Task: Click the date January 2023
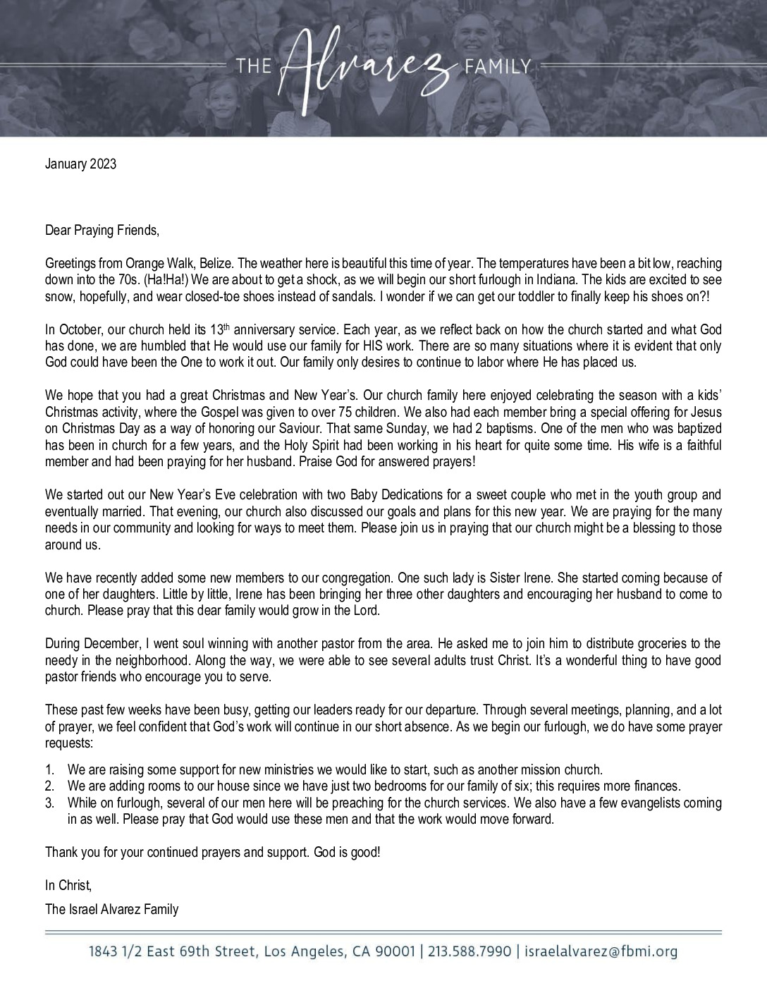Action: pos(80,164)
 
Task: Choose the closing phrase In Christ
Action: pos(68,884)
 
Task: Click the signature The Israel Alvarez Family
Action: pos(112,909)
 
